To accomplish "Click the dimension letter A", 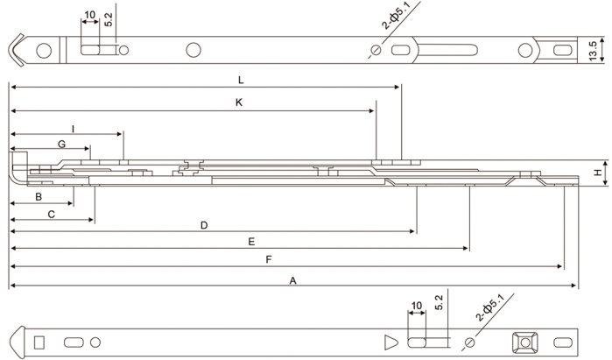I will click(x=293, y=280).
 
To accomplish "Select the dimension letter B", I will click(x=39, y=198).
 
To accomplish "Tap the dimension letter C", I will click(x=52, y=214).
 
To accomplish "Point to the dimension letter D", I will click(x=203, y=225).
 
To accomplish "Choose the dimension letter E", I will click(x=251, y=241).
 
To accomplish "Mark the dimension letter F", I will click(x=268, y=259).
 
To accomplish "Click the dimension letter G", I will click(x=61, y=143).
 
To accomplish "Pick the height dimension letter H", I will click(x=597, y=173).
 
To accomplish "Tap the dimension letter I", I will click(x=73, y=128).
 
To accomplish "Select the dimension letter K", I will click(x=238, y=102).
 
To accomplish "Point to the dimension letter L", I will click(x=241, y=80).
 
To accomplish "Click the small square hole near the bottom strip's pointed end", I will click(x=39, y=340).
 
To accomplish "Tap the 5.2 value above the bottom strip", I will click(x=439, y=305).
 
